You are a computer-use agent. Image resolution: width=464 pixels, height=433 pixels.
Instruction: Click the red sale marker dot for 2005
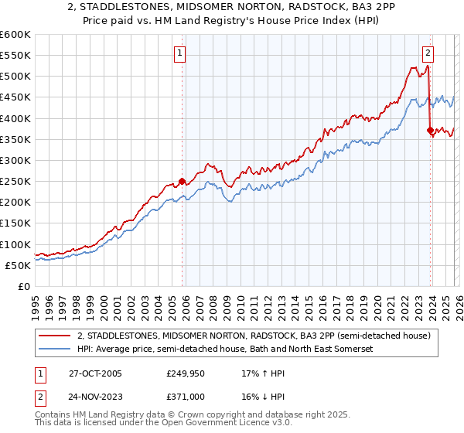[183, 182]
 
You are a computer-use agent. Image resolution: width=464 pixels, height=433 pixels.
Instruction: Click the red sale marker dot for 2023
[430, 131]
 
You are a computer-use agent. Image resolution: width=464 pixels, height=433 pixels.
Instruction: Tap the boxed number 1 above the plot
[179, 53]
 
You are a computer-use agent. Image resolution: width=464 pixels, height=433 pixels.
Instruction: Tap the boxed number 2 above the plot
[427, 53]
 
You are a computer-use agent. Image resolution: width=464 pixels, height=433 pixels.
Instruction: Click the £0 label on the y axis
[25, 286]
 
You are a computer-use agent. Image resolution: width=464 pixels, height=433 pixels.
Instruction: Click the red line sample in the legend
[55, 335]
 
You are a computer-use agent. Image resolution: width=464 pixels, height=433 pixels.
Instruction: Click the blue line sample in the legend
[55, 349]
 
